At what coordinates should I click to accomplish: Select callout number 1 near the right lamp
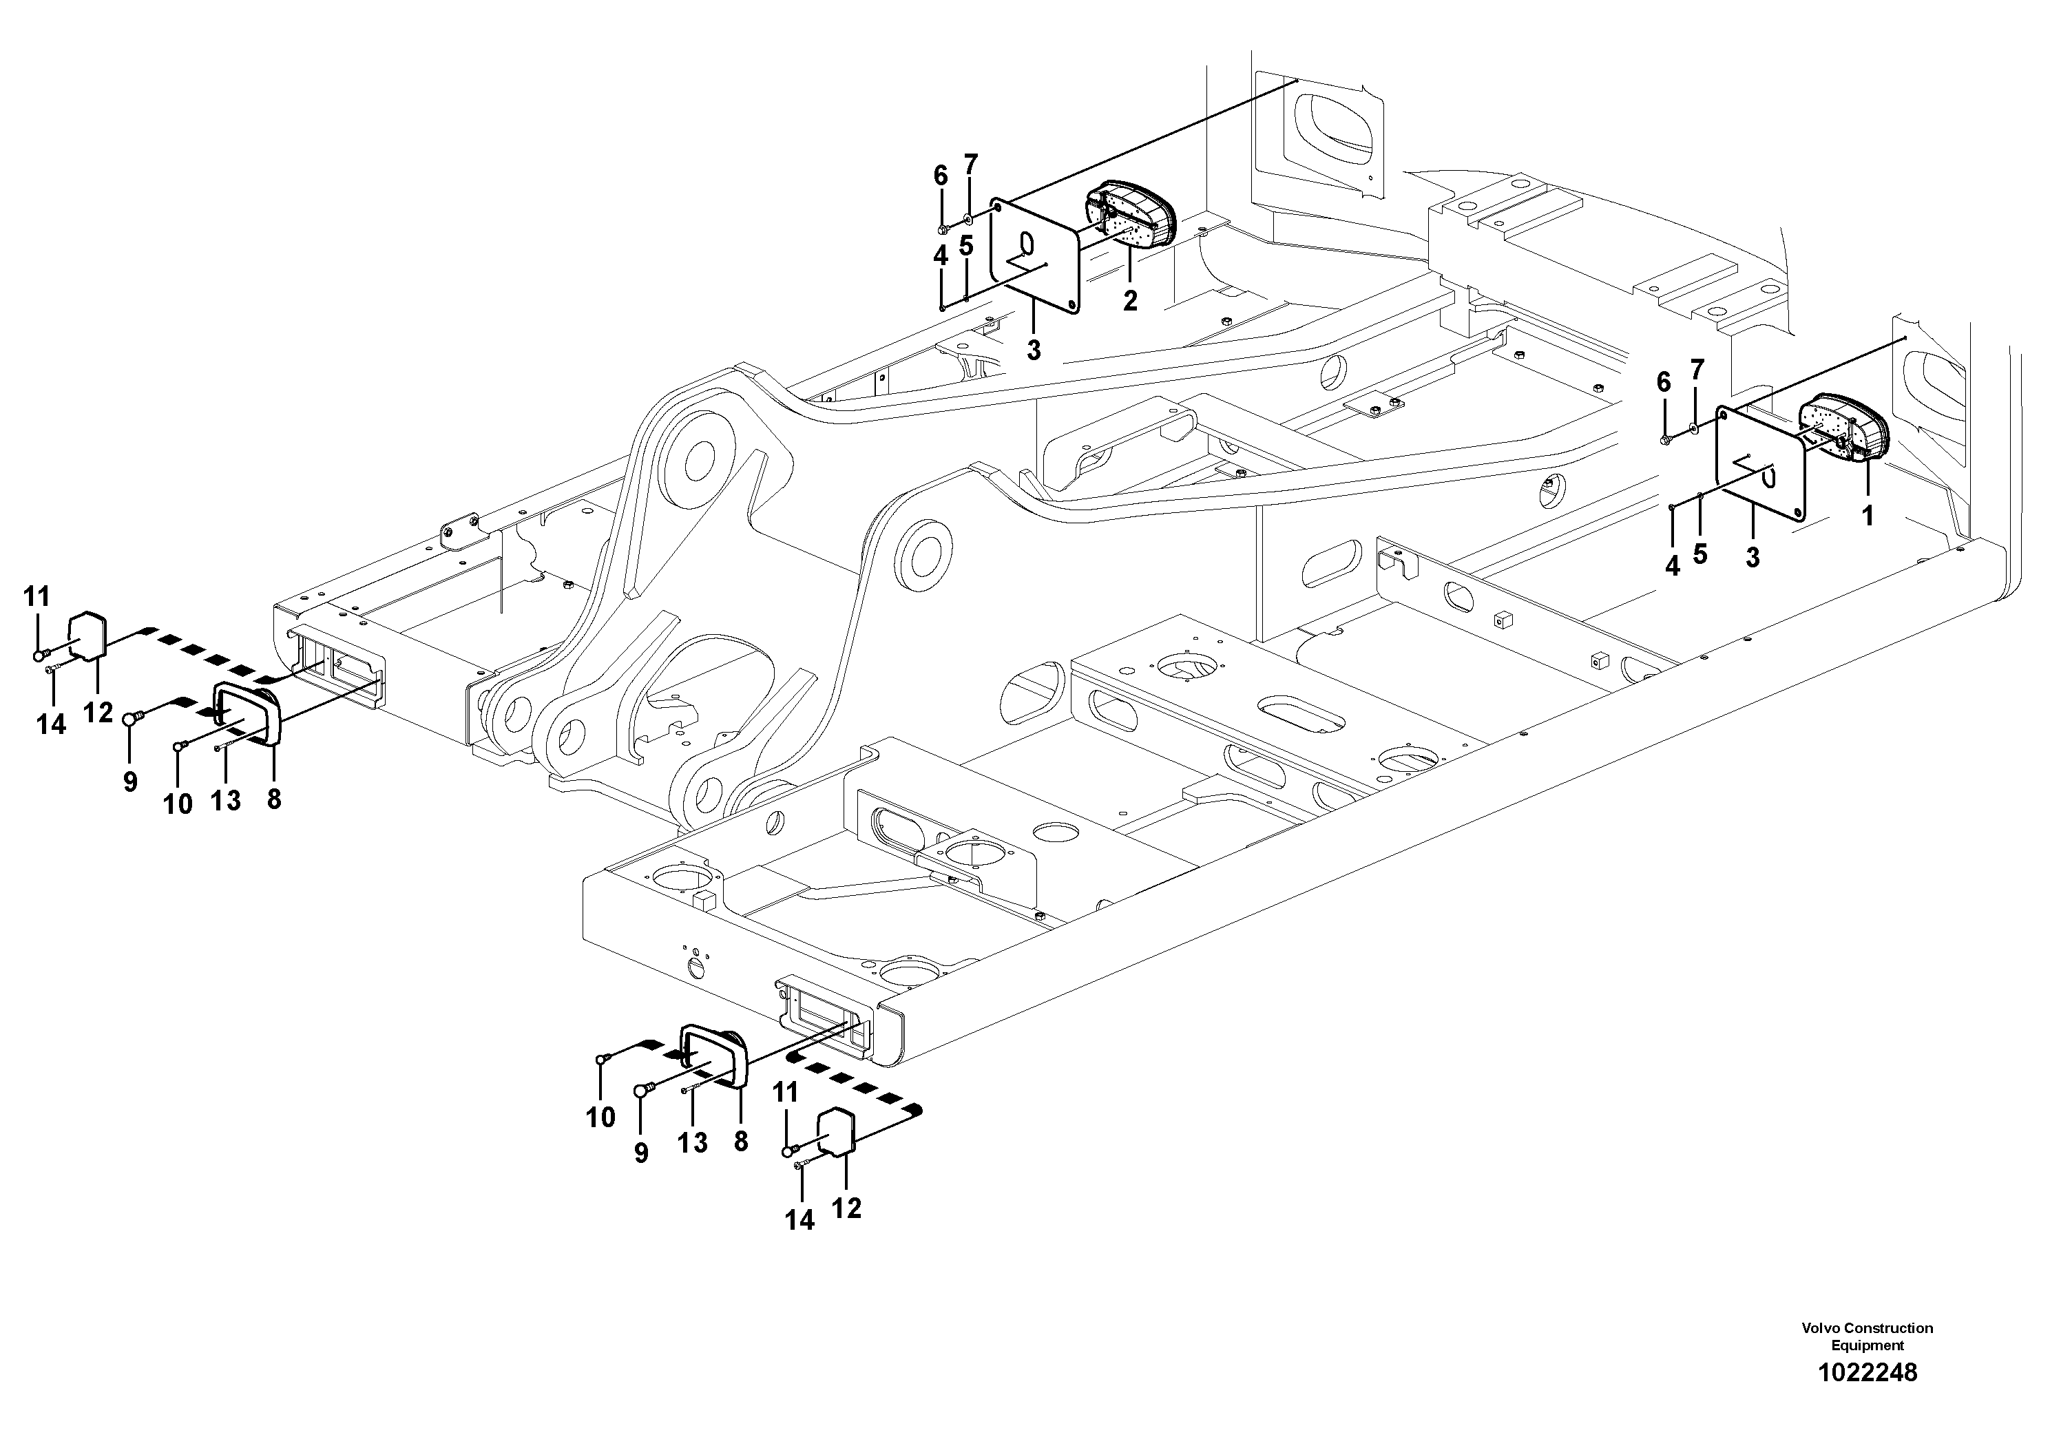1866,516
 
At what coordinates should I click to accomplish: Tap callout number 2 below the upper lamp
1129,302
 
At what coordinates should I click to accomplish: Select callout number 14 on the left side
51,724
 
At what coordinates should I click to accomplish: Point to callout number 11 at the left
36,596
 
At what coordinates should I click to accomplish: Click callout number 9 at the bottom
641,1153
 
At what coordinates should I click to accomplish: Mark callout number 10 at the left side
178,804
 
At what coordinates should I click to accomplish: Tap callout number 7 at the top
970,165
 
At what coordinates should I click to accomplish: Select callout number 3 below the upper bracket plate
1033,351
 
